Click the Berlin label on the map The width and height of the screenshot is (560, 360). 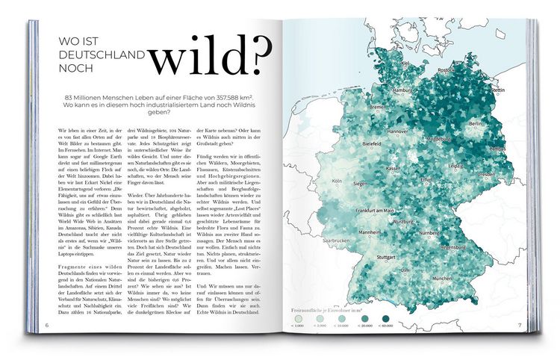pos(476,122)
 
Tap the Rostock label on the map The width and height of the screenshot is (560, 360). pos(447,70)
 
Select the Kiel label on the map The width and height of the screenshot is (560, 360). pos(404,63)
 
